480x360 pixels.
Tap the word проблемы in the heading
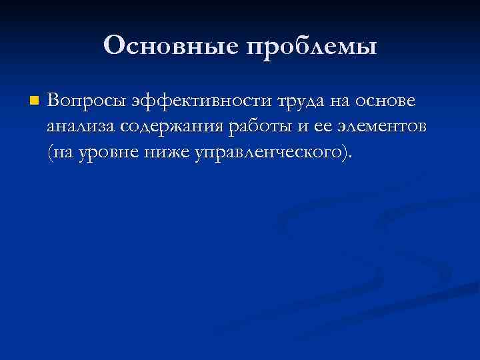coord(312,47)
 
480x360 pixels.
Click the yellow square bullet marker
coord(35,102)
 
